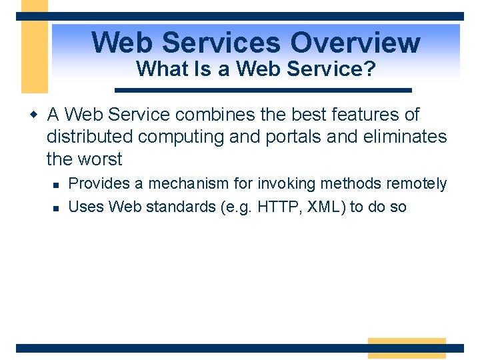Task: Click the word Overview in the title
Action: (355, 43)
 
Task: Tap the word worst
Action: (99, 159)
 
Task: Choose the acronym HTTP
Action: (281, 207)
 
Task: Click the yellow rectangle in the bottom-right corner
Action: (407, 348)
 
